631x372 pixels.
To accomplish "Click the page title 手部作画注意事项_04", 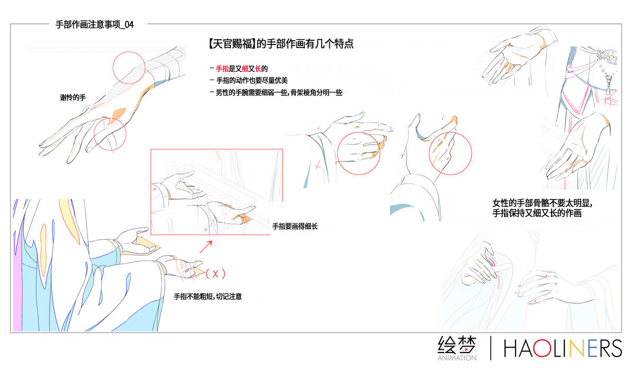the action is pyautogui.click(x=95, y=24).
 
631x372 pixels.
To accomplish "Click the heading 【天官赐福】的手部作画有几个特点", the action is pyautogui.click(x=281, y=43).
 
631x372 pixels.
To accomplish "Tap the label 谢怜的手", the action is pyautogui.click(x=73, y=97).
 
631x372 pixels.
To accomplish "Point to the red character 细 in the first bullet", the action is pyautogui.click(x=245, y=69).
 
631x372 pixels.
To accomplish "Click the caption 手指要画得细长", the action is pyautogui.click(x=295, y=226).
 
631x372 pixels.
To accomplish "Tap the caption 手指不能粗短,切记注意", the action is pyautogui.click(x=208, y=296).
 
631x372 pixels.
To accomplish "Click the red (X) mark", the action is pyautogui.click(x=215, y=274).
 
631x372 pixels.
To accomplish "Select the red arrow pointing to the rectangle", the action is pyautogui.click(x=206, y=247).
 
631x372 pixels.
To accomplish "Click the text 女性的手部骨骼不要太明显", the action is pyautogui.click(x=542, y=203).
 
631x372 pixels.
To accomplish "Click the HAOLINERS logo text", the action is pyautogui.click(x=563, y=348).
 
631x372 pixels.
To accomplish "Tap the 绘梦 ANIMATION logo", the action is pyautogui.click(x=457, y=348).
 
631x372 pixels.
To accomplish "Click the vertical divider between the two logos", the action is pyautogui.click(x=491, y=348).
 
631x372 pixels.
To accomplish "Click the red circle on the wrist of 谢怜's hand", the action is pyautogui.click(x=129, y=51).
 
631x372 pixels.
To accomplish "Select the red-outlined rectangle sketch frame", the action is pyautogui.click(x=150, y=192).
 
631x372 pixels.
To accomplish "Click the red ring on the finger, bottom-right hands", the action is pyautogui.click(x=545, y=276).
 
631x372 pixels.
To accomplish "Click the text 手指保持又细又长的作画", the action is pyautogui.click(x=537, y=213).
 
